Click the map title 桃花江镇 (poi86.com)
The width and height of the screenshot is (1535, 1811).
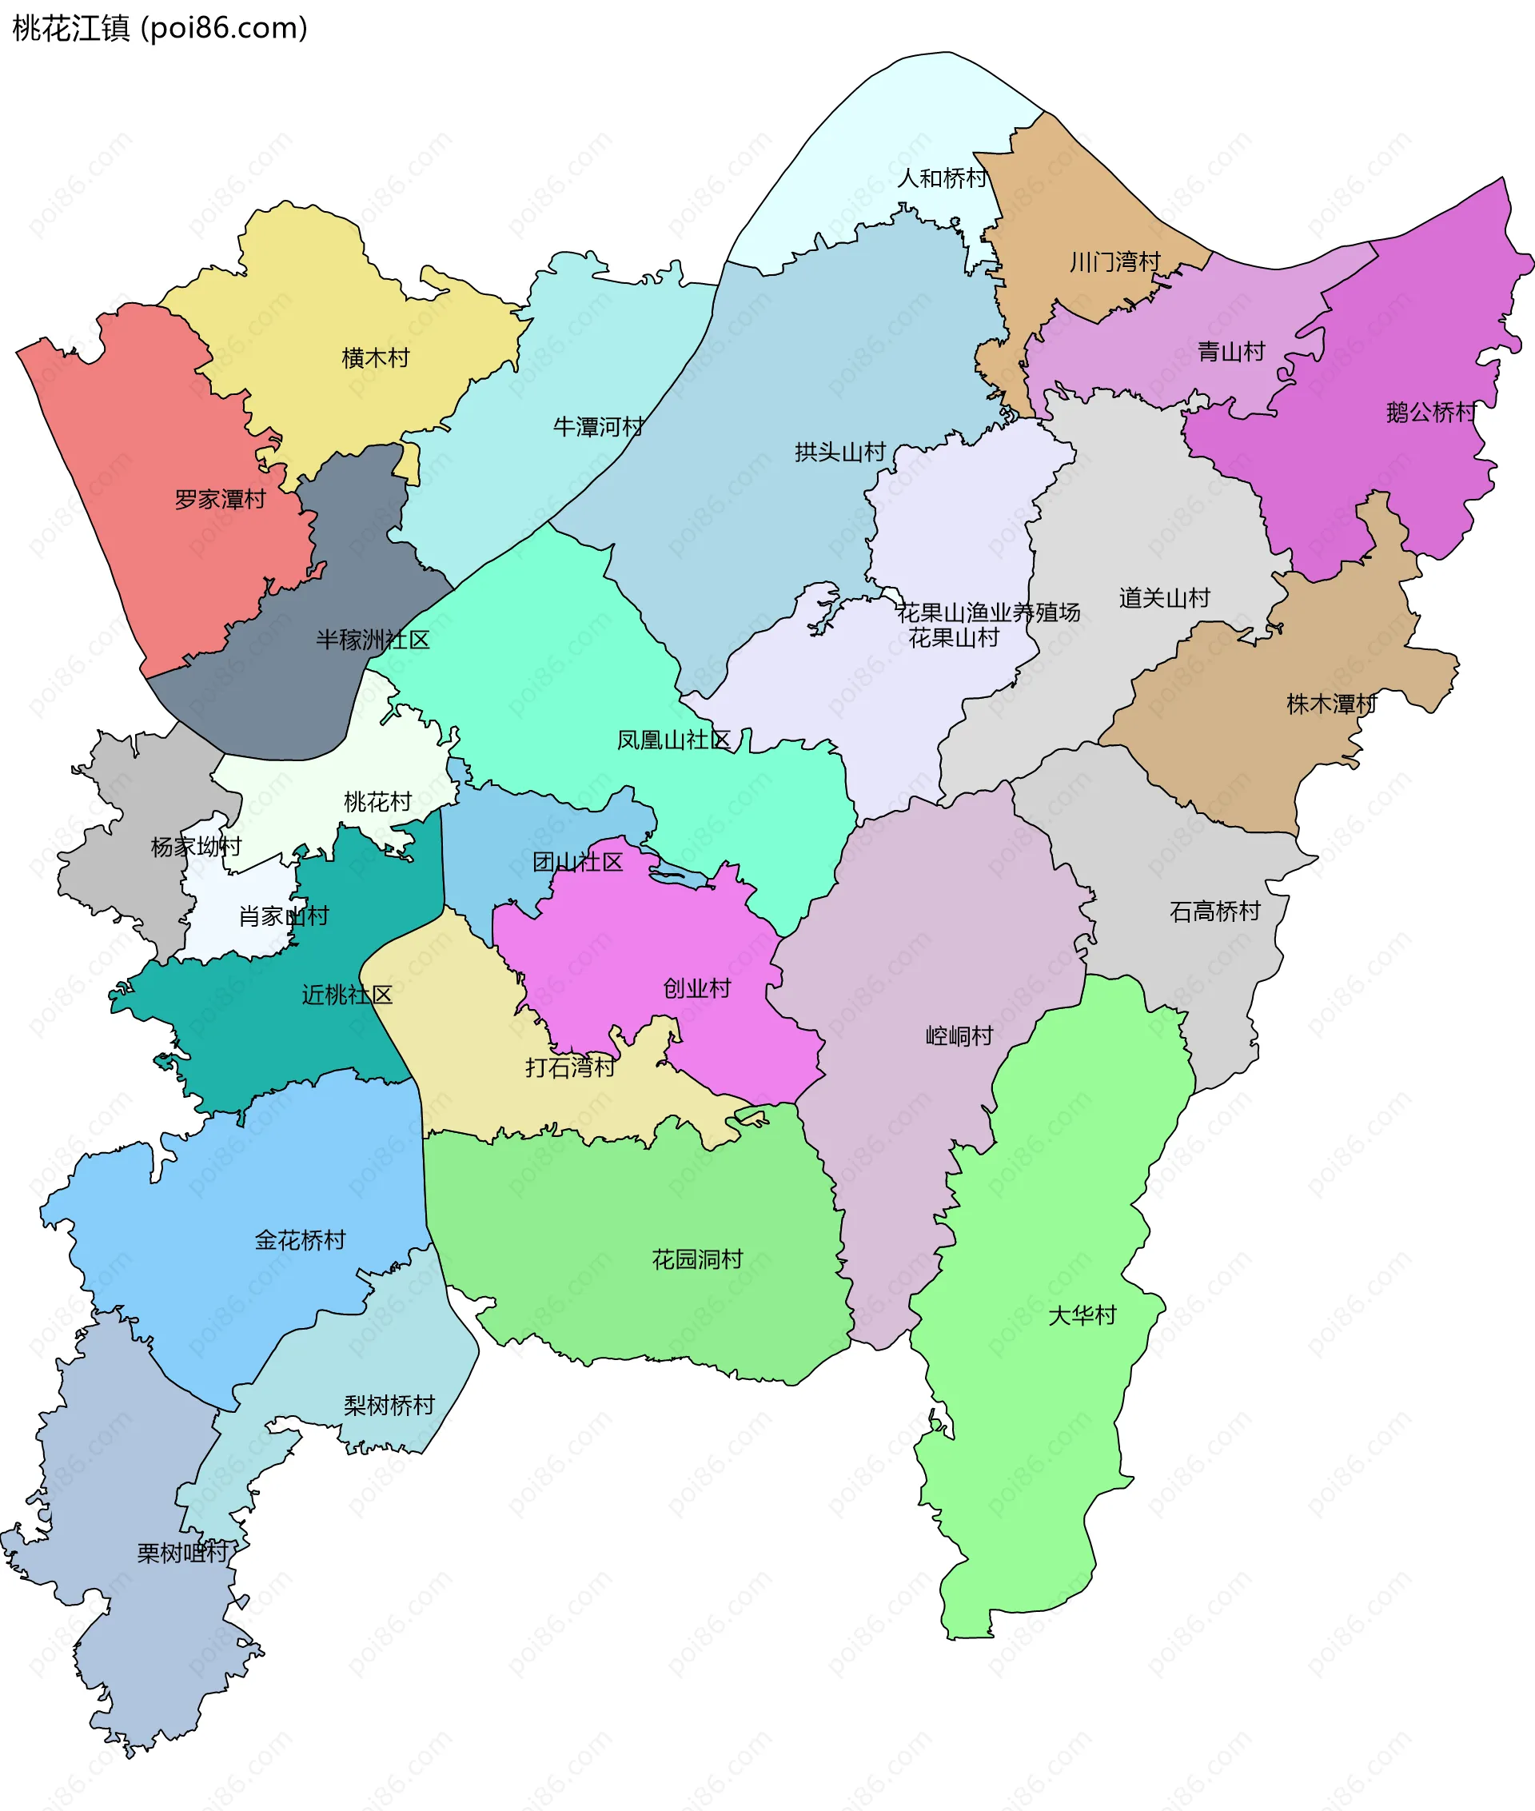[x=160, y=28]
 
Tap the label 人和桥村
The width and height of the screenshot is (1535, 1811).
[x=942, y=178]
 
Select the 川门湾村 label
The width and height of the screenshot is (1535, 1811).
[x=1114, y=261]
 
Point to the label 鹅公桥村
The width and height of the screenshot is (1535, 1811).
[x=1431, y=412]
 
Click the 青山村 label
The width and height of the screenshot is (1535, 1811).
[x=1231, y=352]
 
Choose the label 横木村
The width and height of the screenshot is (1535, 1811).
[x=375, y=357]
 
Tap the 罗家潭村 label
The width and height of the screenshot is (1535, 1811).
[x=220, y=500]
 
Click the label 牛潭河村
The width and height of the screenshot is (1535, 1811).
[x=599, y=426]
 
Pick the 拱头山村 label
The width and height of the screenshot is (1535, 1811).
[x=839, y=452]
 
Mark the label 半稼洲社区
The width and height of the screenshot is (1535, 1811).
[x=373, y=640]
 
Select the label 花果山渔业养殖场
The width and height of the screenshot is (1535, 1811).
[x=988, y=612]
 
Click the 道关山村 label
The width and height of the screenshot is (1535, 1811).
[x=1164, y=598]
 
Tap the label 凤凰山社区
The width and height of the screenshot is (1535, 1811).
[x=673, y=740]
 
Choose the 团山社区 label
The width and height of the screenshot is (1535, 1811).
[x=578, y=862]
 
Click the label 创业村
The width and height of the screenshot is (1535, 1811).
[x=697, y=987]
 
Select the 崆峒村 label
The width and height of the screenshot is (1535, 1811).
[x=959, y=1035]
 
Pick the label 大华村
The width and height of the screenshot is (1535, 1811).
[x=1082, y=1315]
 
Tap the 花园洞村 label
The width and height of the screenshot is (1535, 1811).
[x=697, y=1259]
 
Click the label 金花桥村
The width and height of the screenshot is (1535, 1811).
[x=301, y=1239]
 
